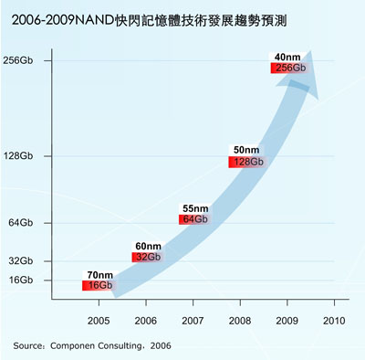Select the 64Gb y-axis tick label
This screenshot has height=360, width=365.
[x=28, y=223]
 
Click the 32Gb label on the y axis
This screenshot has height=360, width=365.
[x=28, y=260]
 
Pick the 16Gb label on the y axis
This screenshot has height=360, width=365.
[x=28, y=280]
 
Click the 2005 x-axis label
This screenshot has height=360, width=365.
[x=98, y=321]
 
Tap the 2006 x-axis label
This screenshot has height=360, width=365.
[x=145, y=321]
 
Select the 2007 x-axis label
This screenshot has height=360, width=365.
[x=193, y=321]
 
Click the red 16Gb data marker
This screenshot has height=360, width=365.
[x=98, y=286]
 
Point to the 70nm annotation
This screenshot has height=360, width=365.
[x=99, y=274]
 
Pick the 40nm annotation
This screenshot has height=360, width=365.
[x=288, y=57]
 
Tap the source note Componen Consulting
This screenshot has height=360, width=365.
[x=92, y=345]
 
